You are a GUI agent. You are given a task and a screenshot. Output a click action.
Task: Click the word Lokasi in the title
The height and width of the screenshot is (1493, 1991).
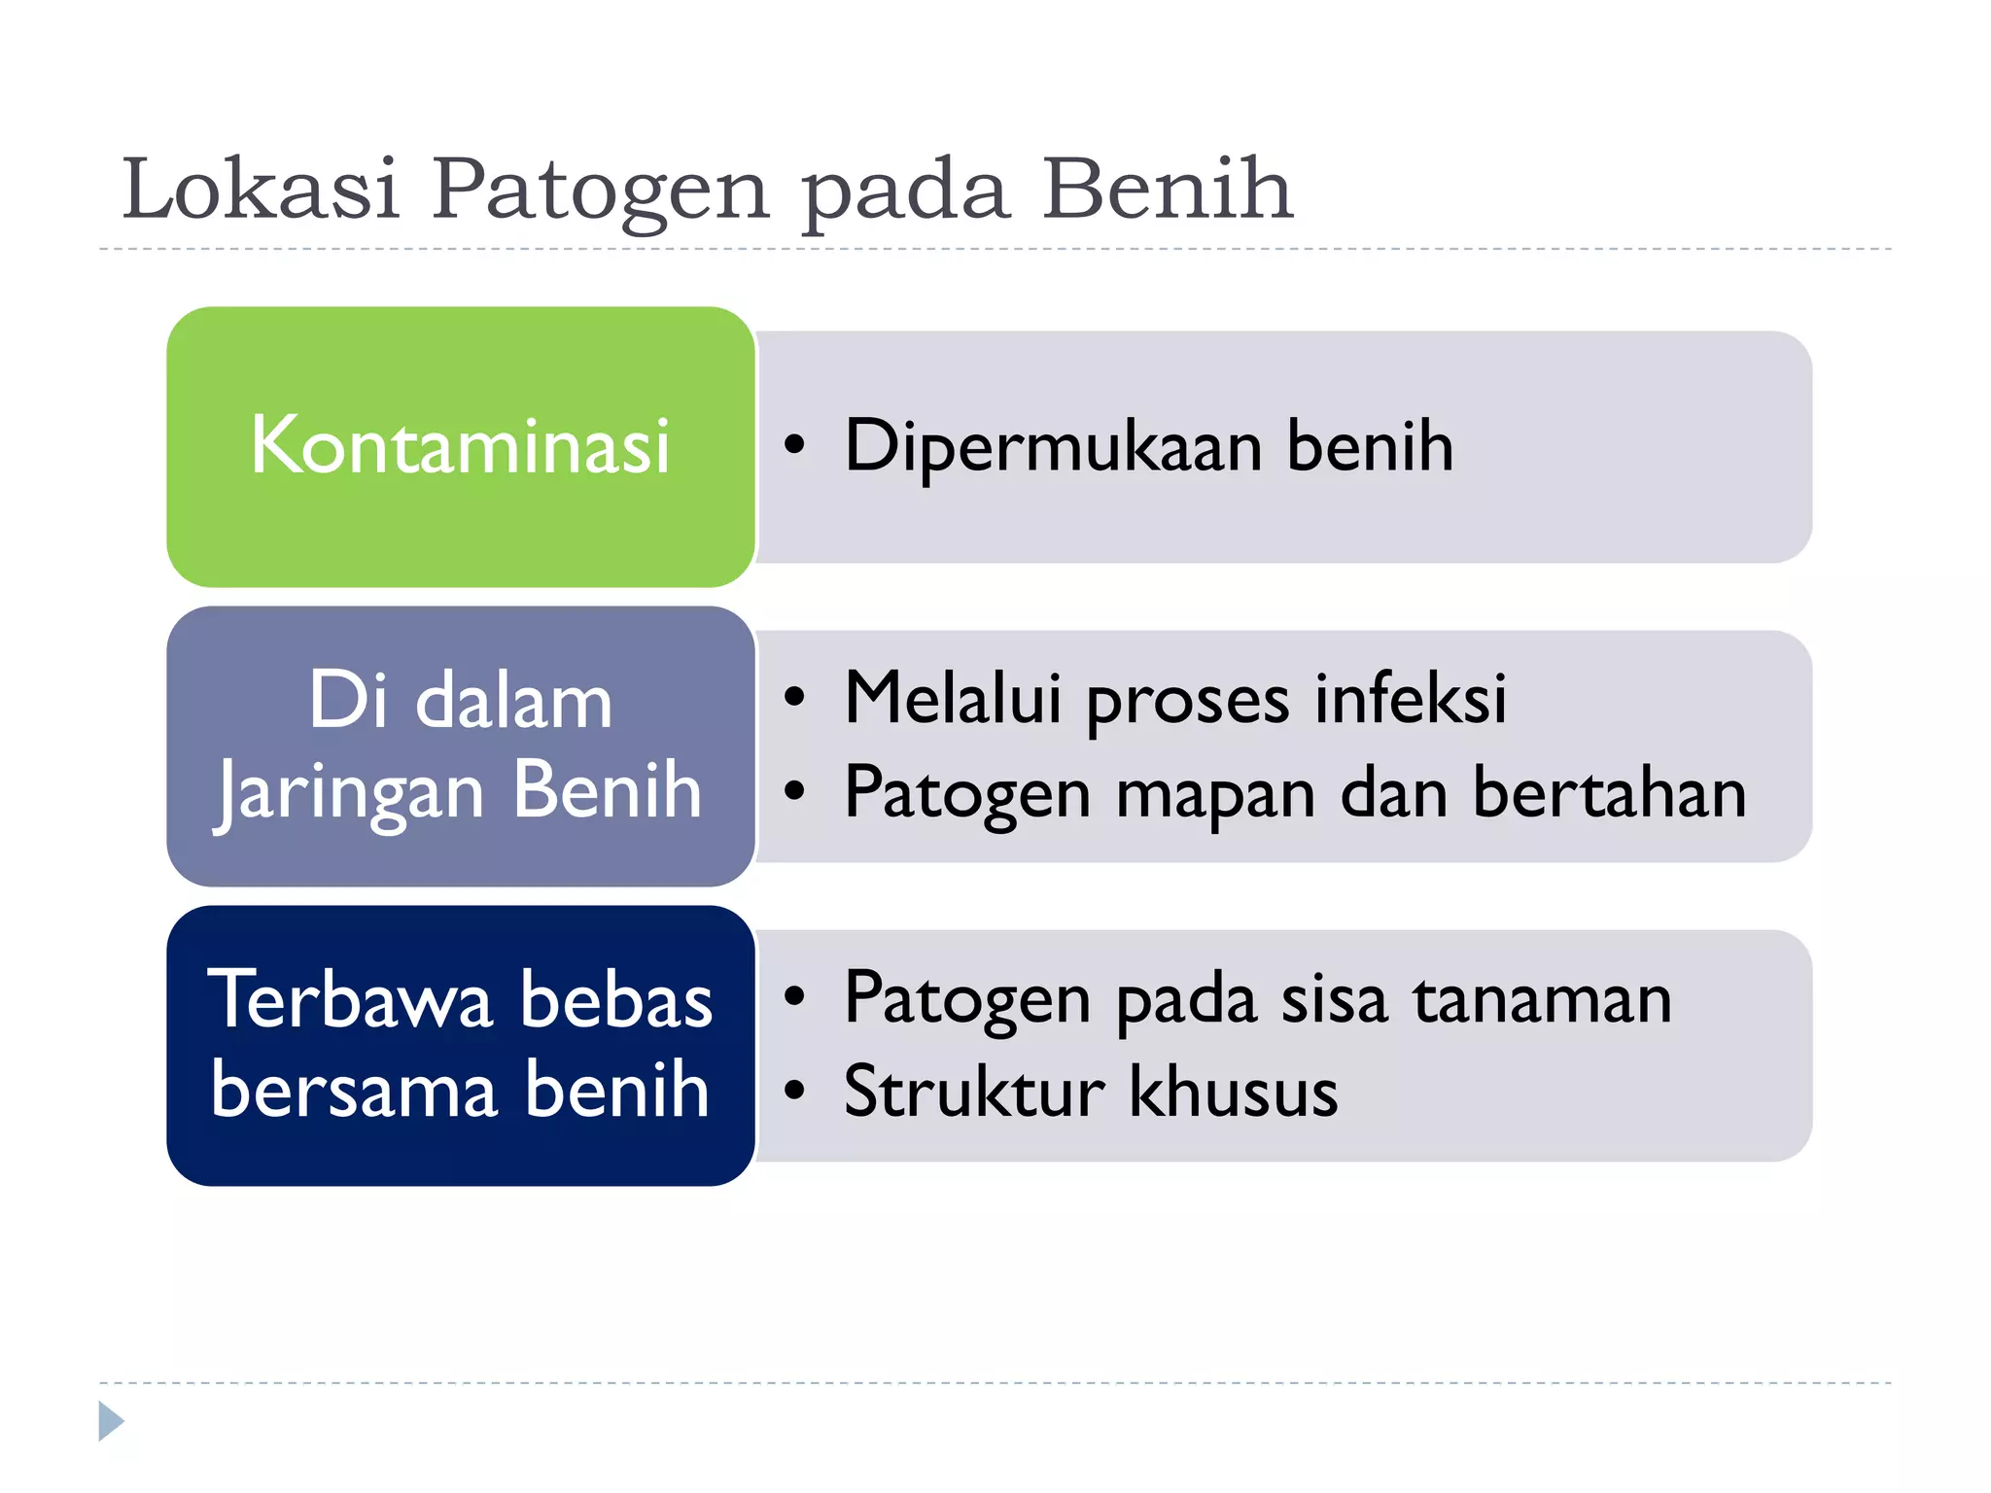coord(261,188)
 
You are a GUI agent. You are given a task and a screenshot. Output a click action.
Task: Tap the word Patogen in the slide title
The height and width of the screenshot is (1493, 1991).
coord(600,190)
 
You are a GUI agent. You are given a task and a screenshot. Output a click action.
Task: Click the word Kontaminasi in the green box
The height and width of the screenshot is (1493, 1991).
coord(460,445)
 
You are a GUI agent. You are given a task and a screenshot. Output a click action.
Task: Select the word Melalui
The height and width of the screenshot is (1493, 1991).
coord(953,697)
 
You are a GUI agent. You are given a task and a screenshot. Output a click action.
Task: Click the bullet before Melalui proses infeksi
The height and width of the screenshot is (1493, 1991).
coord(795,697)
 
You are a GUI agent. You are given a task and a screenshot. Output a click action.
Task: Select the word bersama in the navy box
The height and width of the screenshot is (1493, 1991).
coord(355,1090)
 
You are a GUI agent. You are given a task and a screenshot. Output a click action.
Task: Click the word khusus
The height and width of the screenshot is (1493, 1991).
coord(1233,1091)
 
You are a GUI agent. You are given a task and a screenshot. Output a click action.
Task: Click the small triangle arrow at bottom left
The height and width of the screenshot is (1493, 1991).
coord(111,1421)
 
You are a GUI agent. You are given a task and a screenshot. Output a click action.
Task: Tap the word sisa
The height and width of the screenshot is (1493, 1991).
coord(1334,998)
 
